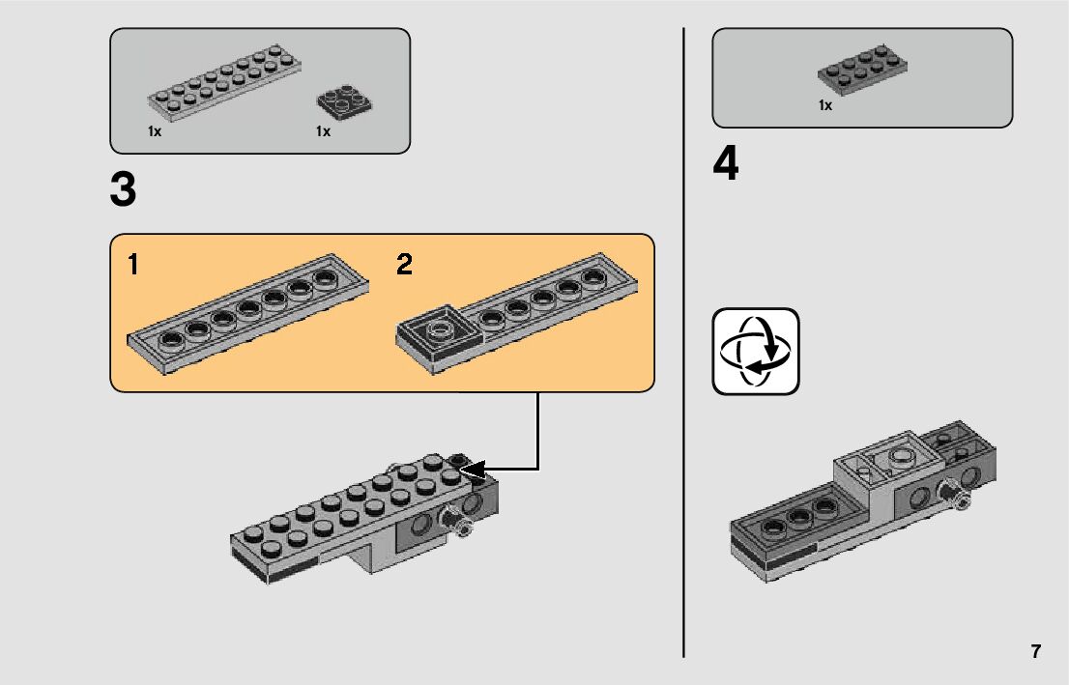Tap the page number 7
[1036, 651]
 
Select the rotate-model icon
[756, 351]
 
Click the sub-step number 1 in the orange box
[133, 265]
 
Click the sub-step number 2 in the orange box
[404, 265]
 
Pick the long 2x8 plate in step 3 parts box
[224, 83]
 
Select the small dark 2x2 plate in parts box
[344, 101]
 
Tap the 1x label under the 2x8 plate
[155, 131]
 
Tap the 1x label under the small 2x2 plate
[323, 131]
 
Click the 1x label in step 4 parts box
[824, 105]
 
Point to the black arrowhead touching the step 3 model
[474, 470]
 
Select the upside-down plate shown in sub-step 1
[248, 314]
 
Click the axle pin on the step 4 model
[954, 494]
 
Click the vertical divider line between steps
[683, 343]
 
